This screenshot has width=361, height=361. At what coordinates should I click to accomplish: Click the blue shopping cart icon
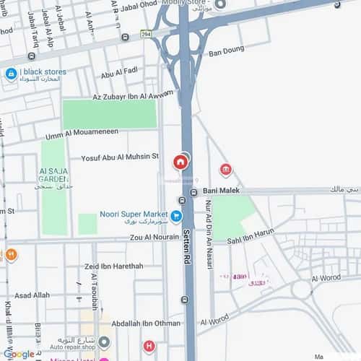176,215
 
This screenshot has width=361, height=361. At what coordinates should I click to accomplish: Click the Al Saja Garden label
53,174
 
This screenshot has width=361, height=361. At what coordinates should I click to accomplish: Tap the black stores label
43,72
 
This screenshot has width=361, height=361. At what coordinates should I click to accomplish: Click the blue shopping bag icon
11,74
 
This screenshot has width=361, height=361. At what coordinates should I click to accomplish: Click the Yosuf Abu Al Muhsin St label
119,156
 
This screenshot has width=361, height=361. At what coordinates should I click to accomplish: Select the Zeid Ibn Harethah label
113,266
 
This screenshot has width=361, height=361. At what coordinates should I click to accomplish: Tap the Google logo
18,354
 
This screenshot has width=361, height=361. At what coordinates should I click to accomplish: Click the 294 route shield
146,34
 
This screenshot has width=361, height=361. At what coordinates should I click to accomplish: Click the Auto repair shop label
73,347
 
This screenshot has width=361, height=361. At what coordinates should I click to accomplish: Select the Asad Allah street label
32,295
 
